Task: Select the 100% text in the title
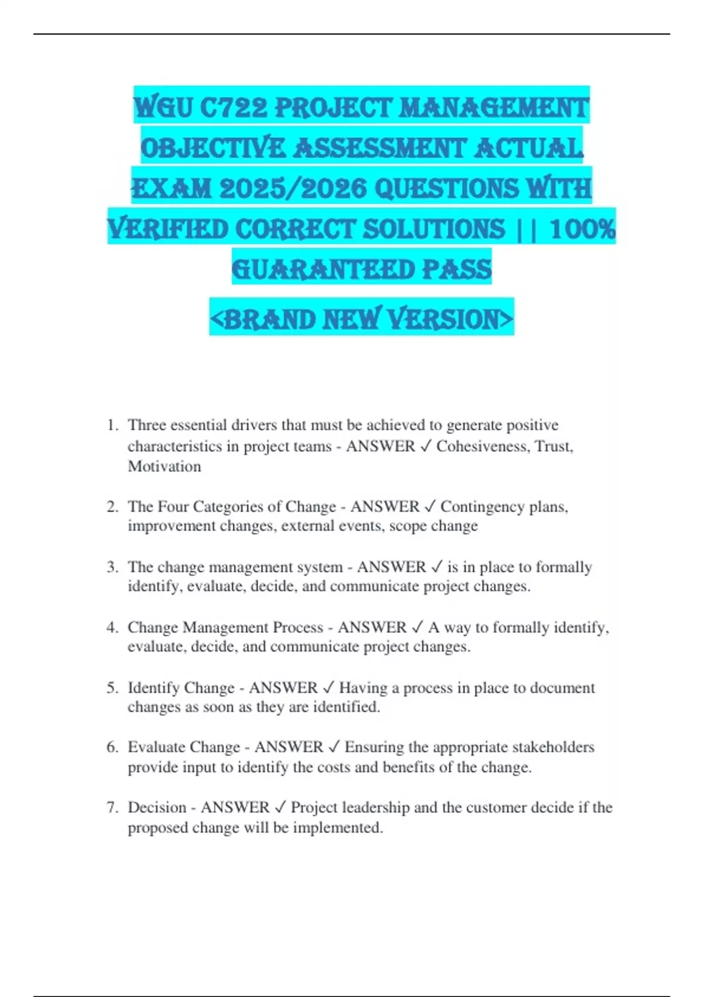(x=583, y=229)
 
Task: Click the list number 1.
(x=112, y=425)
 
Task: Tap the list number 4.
(x=112, y=628)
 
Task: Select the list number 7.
(x=112, y=808)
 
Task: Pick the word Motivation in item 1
(x=164, y=467)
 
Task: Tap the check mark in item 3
(x=436, y=567)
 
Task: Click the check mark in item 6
(x=334, y=747)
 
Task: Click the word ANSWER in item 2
(x=385, y=506)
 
